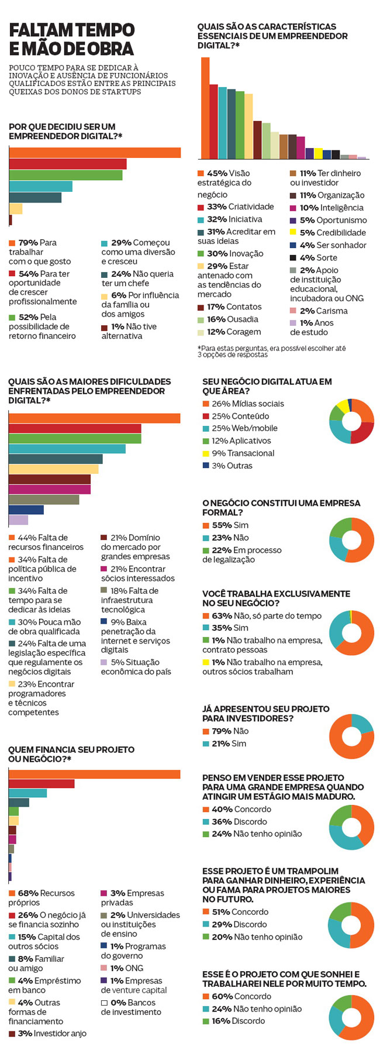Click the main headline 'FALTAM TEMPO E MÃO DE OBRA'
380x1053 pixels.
(71, 39)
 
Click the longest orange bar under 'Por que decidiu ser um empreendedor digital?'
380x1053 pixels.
(95, 153)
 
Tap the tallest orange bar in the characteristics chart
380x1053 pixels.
(205, 108)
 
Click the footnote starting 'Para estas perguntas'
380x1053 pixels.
(271, 351)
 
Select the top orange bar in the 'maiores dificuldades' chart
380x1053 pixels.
(94, 418)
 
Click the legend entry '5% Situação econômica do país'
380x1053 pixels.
(136, 667)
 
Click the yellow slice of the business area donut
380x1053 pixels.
(341, 405)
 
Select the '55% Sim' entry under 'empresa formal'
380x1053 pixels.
(226, 525)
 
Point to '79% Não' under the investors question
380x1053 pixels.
(226, 731)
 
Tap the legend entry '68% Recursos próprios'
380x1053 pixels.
(42, 898)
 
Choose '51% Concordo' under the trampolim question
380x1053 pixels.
(236, 912)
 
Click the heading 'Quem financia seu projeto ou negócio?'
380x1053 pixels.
(71, 754)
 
